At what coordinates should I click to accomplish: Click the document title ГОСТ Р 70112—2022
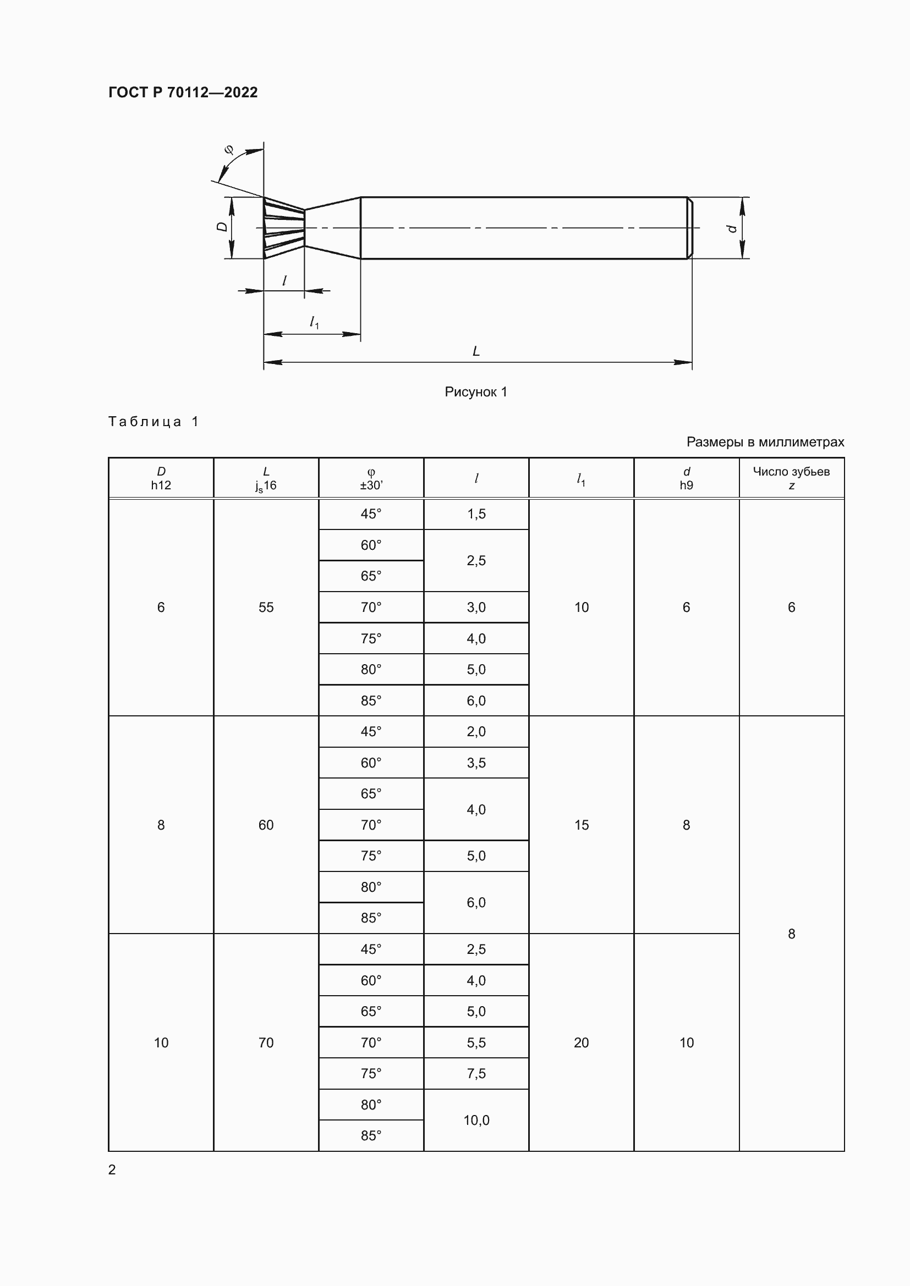click(183, 92)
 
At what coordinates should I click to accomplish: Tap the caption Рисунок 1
click(476, 392)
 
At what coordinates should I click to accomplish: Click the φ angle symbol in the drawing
click(229, 150)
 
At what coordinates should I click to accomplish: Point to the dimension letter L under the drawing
click(476, 351)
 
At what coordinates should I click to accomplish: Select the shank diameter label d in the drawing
click(731, 228)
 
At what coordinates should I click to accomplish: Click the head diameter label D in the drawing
click(222, 227)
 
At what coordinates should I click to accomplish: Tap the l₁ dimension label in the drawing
click(314, 322)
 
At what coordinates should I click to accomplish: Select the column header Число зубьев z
click(791, 478)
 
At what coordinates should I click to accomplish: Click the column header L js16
click(266, 478)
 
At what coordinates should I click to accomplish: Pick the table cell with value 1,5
click(476, 514)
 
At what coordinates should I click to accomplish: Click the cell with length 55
click(266, 607)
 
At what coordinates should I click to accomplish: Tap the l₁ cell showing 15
click(581, 825)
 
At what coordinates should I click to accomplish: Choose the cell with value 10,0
click(476, 1120)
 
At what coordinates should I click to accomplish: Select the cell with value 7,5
click(476, 1074)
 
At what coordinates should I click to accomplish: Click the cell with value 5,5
click(476, 1042)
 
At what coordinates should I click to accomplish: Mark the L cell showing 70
click(266, 1042)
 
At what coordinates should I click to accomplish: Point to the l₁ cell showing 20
click(581, 1042)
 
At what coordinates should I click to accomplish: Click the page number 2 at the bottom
click(112, 1169)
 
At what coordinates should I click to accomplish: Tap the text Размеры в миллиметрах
click(765, 442)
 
